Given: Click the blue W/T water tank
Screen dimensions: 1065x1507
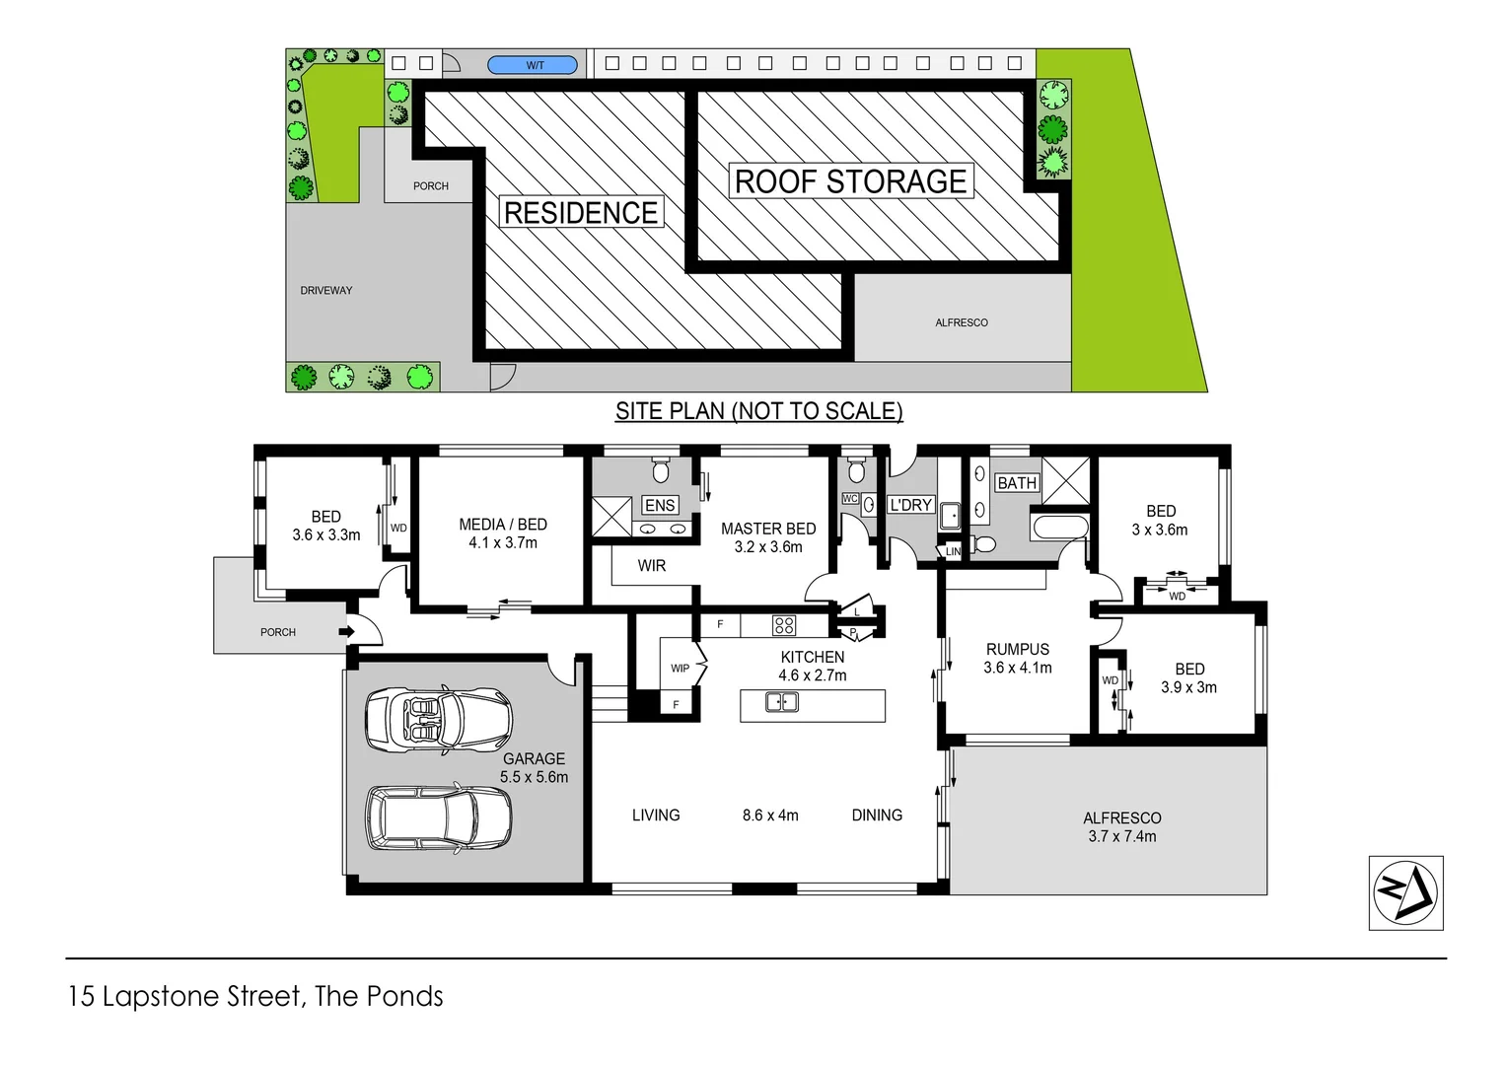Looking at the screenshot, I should pyautogui.click(x=533, y=65).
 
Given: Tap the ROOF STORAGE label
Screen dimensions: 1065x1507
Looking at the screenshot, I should pyautogui.click(x=850, y=181).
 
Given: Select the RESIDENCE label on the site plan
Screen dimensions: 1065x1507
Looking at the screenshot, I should pyautogui.click(x=580, y=212).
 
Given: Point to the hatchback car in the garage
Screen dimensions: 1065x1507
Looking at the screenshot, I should pyautogui.click(x=438, y=817).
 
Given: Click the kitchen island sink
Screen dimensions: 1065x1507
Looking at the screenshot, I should pyautogui.click(x=782, y=702).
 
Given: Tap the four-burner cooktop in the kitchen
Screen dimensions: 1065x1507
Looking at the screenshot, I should pyautogui.click(x=784, y=624).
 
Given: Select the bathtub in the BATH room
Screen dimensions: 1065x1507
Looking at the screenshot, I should pyautogui.click(x=1059, y=527).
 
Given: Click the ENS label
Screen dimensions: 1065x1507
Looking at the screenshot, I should pyautogui.click(x=659, y=505).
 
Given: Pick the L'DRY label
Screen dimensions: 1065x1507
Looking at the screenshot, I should pyautogui.click(x=910, y=505).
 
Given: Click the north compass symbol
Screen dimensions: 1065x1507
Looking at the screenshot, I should pyautogui.click(x=1405, y=892).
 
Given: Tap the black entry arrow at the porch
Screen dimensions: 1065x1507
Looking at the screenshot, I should pyautogui.click(x=346, y=631).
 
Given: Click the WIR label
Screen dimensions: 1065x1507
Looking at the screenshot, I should pyautogui.click(x=652, y=565).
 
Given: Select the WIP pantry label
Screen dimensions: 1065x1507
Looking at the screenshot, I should pyautogui.click(x=680, y=668).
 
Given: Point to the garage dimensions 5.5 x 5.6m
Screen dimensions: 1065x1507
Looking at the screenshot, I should pyautogui.click(x=534, y=777).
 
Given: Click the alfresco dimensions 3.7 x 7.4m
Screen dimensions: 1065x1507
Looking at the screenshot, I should pyautogui.click(x=1122, y=836).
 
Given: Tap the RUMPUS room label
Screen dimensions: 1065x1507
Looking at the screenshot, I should pyautogui.click(x=1018, y=649).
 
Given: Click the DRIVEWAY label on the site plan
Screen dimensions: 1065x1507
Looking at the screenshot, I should pyautogui.click(x=326, y=290).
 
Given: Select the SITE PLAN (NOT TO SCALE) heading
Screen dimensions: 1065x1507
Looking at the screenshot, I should pyautogui.click(x=758, y=410).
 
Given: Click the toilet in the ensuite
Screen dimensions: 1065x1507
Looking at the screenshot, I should pyautogui.click(x=661, y=469).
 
